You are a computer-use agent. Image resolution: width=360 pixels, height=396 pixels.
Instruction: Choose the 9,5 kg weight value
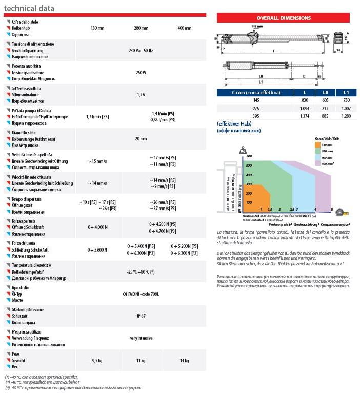point(97,361)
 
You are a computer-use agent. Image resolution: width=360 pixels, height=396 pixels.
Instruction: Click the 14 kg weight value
point(184,361)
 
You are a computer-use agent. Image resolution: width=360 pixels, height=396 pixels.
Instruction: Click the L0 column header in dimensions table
point(325,92)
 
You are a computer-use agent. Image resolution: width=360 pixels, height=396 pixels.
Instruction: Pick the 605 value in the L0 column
point(325,101)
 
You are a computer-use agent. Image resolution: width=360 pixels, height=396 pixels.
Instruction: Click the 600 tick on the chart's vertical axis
point(250,156)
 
